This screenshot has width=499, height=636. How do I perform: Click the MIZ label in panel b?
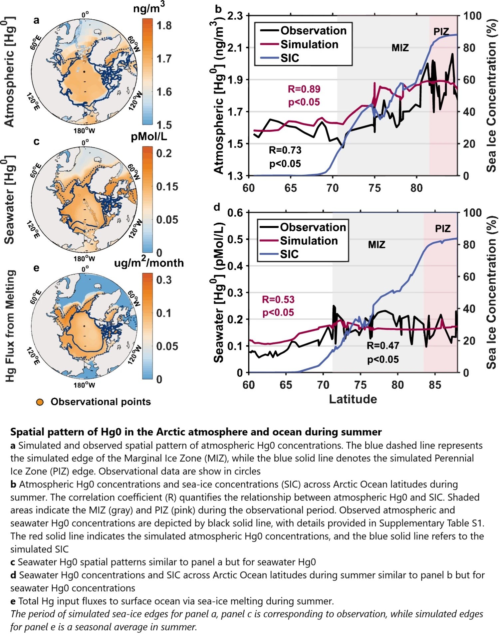[400, 48]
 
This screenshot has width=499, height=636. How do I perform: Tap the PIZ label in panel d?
[442, 229]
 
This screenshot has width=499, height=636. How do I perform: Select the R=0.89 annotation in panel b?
[304, 89]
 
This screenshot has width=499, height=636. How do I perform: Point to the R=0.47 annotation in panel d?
[383, 346]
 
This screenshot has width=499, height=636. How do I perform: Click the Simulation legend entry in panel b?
[309, 44]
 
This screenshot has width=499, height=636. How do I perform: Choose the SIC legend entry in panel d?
[289, 254]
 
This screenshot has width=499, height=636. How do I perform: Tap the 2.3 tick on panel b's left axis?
[235, 16]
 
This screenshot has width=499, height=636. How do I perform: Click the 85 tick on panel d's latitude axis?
[435, 385]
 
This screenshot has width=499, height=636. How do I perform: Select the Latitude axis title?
[353, 399]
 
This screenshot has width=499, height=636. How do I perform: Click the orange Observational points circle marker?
[40, 402]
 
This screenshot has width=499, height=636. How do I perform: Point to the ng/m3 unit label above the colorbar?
[149, 8]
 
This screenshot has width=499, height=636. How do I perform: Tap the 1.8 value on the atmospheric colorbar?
[164, 26]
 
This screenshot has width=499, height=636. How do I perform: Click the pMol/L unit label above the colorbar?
[149, 137]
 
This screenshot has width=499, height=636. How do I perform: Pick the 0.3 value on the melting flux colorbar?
[164, 280]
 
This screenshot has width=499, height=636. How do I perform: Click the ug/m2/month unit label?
[149, 263]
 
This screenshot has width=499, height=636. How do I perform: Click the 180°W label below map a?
[84, 131]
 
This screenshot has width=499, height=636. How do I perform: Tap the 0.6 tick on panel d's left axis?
[235, 213]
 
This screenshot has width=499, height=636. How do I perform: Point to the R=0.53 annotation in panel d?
[278, 300]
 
